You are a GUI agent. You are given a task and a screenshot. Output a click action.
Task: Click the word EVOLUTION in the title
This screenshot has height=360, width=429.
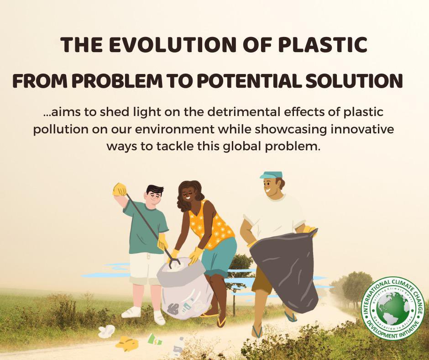click(182, 44)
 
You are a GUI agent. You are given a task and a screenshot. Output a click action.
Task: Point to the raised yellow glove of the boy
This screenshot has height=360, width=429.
click(120, 189)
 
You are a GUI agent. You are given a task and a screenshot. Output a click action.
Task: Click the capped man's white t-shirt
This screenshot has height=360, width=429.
click(274, 215)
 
